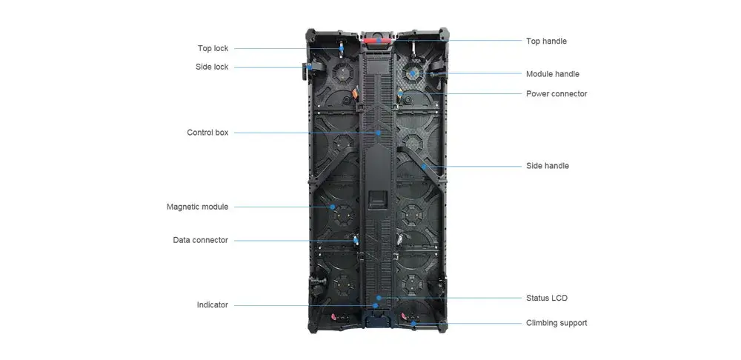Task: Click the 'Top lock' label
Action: click(x=213, y=49)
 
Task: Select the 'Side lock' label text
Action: click(x=212, y=67)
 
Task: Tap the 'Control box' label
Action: click(x=207, y=133)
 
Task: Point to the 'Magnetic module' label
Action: click(x=197, y=207)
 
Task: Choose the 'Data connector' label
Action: click(x=200, y=240)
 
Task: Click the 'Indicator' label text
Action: click(x=212, y=305)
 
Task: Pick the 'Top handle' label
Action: click(x=546, y=41)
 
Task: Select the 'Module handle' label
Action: click(x=552, y=74)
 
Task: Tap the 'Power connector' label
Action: click(x=556, y=94)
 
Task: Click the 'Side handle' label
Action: click(x=547, y=166)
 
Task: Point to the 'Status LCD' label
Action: click(x=546, y=298)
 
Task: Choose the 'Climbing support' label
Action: click(x=556, y=323)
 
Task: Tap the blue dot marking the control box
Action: click(x=379, y=133)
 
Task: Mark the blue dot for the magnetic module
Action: click(x=333, y=207)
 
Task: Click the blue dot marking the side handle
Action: click(x=423, y=167)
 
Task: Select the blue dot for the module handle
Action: click(x=413, y=74)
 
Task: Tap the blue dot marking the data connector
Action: click(x=354, y=240)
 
